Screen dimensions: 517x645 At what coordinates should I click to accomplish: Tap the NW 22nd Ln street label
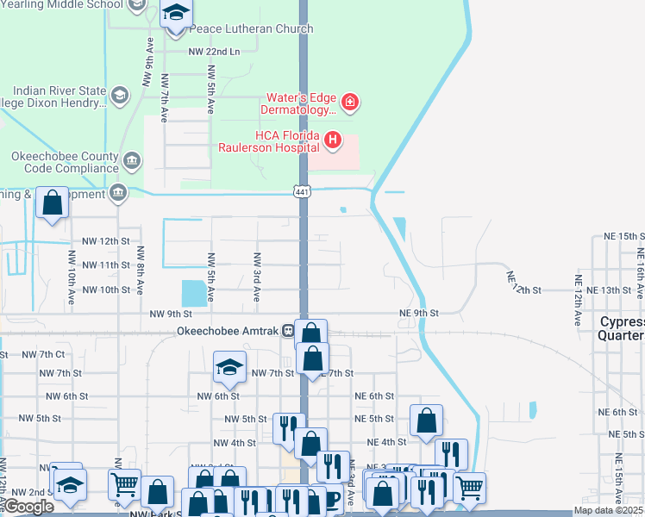(213, 52)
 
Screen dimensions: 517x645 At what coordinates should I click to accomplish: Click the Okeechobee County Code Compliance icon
(131, 160)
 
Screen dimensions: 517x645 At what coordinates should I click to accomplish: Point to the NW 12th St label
(105, 242)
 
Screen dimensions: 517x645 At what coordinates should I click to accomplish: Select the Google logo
(28, 507)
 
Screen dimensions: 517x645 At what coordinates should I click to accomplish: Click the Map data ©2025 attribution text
(609, 510)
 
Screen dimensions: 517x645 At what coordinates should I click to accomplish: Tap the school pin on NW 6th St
(229, 368)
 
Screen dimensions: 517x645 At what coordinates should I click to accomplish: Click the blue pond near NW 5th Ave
(195, 294)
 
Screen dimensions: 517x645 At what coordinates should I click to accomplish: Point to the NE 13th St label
(609, 290)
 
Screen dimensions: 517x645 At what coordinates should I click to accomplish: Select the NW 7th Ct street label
(45, 354)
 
